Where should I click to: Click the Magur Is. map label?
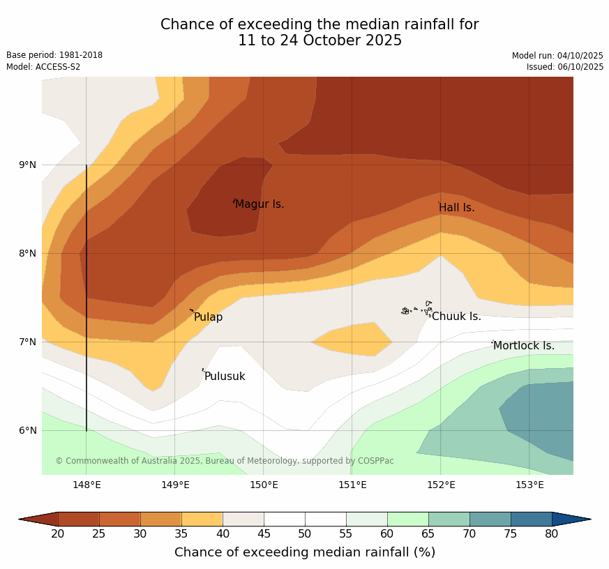pyautogui.click(x=260, y=204)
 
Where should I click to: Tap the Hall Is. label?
pyautogui.click(x=457, y=208)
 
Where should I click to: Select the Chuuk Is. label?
pyautogui.click(x=456, y=317)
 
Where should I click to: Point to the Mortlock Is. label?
pyautogui.click(x=524, y=346)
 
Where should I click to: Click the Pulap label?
pyautogui.click(x=208, y=317)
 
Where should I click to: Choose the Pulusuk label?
pyautogui.click(x=225, y=377)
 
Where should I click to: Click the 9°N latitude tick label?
pyautogui.click(x=28, y=165)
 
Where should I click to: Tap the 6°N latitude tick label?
pyautogui.click(x=28, y=430)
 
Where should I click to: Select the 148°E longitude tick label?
pyautogui.click(x=87, y=485)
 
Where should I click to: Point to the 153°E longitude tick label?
pyautogui.click(x=529, y=485)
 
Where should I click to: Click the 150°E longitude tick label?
pyautogui.click(x=264, y=485)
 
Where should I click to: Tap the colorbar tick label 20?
pyautogui.click(x=58, y=534)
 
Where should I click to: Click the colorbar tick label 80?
pyautogui.click(x=551, y=534)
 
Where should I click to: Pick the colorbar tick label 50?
pyautogui.click(x=305, y=534)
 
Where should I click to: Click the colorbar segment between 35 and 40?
pyautogui.click(x=202, y=519)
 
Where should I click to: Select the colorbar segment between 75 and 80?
pyautogui.click(x=531, y=519)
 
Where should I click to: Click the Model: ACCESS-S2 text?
pyautogui.click(x=43, y=67)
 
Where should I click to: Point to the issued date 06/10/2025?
pyautogui.click(x=565, y=67)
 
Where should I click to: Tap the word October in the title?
pyautogui.click(x=313, y=40)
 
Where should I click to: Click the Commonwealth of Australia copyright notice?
pyautogui.click(x=225, y=461)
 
